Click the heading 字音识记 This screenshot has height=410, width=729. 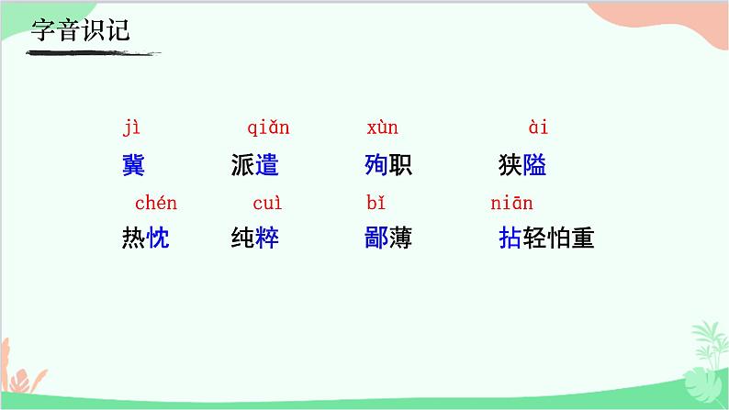(81, 29)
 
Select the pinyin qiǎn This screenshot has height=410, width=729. (268, 127)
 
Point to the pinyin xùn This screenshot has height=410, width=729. (382, 127)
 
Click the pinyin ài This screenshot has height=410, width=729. (538, 127)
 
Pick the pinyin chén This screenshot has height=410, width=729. (156, 203)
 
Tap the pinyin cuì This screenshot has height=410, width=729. (268, 203)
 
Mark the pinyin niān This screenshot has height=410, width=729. (511, 203)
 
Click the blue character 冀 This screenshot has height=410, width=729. (133, 166)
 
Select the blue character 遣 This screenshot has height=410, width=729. (267, 166)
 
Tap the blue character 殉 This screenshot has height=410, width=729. (376, 166)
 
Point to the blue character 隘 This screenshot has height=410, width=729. (535, 166)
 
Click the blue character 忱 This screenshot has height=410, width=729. (158, 239)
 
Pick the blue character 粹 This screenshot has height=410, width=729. (267, 239)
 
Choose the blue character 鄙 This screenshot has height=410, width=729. (376, 239)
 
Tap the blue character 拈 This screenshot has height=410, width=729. (510, 239)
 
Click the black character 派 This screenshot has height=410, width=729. (243, 166)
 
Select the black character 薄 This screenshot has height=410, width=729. (400, 239)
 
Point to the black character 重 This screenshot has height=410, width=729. (583, 239)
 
